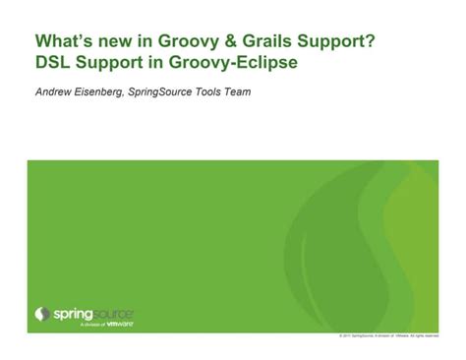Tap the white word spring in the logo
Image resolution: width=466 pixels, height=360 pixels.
pos(71,313)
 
